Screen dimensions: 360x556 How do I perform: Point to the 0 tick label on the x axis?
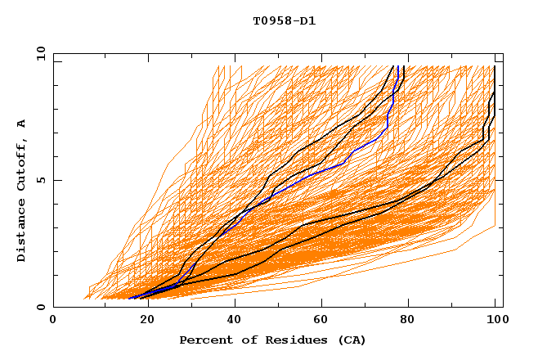54,321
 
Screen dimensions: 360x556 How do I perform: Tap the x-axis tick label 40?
235,321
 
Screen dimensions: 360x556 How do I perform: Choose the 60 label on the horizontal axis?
324,321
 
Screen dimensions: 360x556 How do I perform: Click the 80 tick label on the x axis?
412,321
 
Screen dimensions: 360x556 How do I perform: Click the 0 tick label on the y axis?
40,308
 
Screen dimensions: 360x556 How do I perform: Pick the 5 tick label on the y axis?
40,180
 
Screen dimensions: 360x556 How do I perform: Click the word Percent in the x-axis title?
204,340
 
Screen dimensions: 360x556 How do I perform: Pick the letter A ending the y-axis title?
22,123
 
